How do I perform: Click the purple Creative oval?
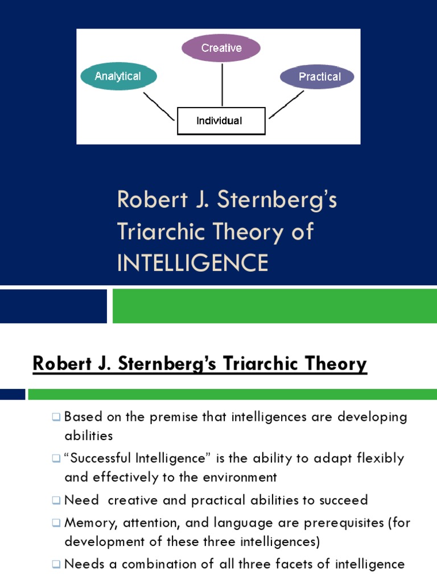[x=221, y=48]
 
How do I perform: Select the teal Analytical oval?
[x=118, y=76]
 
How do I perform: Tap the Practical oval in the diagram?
[x=318, y=77]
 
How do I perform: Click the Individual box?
[x=221, y=121]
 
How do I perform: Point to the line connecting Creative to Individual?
[x=222, y=84]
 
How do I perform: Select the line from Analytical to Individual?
[x=159, y=106]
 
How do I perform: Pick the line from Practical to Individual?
[x=286, y=105]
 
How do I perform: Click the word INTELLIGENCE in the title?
[x=192, y=262]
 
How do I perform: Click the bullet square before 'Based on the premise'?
[x=56, y=417]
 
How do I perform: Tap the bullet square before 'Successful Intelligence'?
[x=56, y=459]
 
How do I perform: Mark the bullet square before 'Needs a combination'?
[x=56, y=565]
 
